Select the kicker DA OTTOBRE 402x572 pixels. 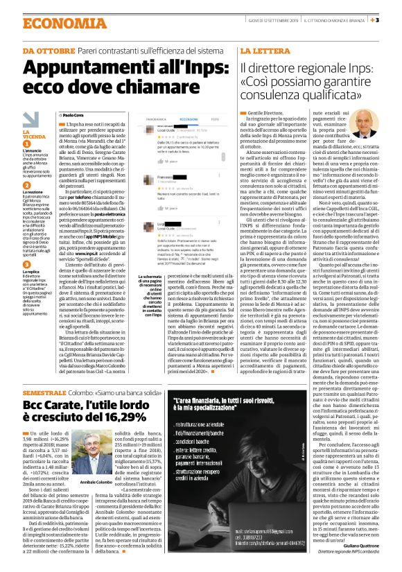(x=44, y=51)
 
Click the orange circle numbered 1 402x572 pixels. (x=26, y=141)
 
